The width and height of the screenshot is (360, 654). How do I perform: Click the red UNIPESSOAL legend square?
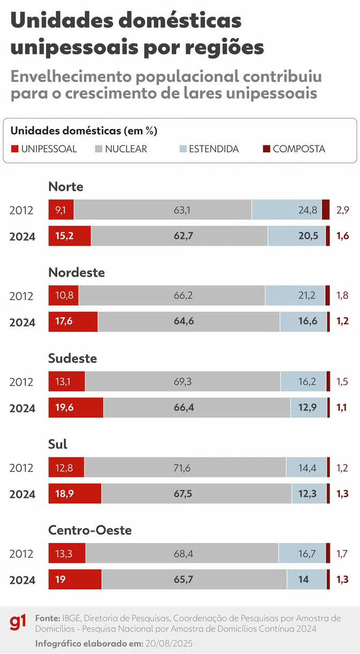15,149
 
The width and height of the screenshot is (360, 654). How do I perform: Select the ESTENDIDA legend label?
214,149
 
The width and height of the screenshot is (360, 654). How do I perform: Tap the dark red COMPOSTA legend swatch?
266,149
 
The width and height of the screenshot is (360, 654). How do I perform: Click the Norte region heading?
66,187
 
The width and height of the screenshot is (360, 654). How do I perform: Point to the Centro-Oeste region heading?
90,530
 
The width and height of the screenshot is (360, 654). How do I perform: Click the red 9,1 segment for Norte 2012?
61,210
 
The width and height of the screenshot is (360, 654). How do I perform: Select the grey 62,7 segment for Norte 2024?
179,236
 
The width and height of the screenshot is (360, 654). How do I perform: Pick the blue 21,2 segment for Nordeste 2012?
295,295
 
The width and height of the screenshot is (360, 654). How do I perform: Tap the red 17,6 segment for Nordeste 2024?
73,322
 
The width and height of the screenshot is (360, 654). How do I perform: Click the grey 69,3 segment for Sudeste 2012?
183,381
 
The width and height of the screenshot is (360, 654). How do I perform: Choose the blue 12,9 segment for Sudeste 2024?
308,407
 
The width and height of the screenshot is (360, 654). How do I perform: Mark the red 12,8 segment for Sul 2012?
66,467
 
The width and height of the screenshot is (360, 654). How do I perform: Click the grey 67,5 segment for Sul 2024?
197,494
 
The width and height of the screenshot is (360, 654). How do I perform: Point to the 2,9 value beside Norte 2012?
343,210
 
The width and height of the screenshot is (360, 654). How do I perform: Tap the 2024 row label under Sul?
22,494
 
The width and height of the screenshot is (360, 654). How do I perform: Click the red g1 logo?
18,622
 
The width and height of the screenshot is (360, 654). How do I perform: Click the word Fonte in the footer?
47,618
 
